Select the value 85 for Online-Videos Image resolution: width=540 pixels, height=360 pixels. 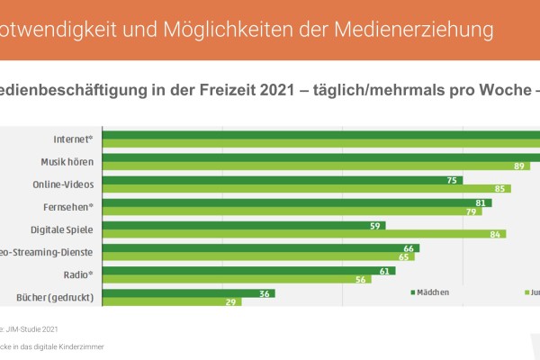tap(501, 189)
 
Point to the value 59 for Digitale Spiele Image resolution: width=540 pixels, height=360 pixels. tap(373, 225)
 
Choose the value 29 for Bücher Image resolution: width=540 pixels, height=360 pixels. tap(231, 302)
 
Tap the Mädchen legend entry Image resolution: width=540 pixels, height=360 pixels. tap(430, 292)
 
